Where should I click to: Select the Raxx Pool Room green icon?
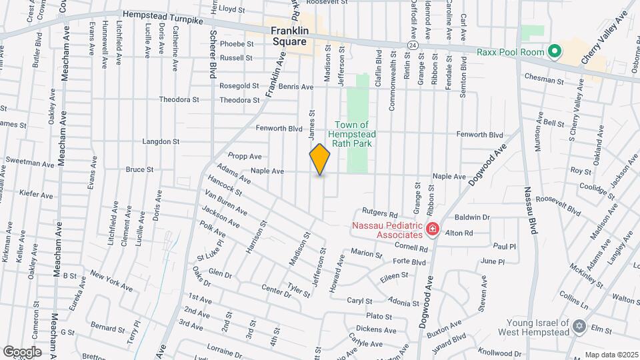point(553,51)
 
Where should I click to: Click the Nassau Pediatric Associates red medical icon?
point(432,230)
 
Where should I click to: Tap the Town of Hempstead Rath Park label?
point(352,134)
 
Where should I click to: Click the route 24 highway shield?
point(413,45)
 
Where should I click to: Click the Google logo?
point(21,351)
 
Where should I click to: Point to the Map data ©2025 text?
point(611,355)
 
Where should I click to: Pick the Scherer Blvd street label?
point(214,54)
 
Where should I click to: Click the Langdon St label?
point(161,141)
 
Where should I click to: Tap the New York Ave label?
point(111,281)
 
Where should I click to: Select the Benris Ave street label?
point(296,87)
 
